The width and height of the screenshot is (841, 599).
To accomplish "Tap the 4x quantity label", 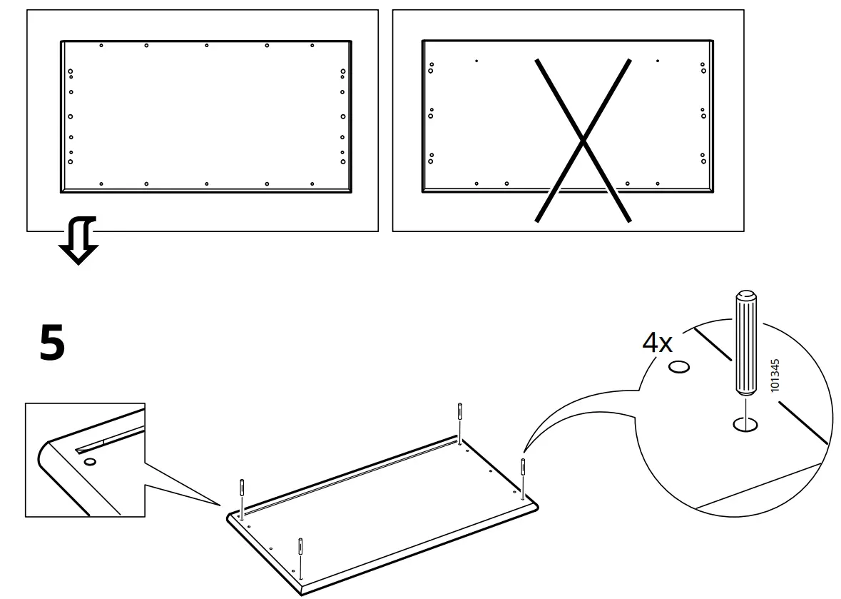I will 657,343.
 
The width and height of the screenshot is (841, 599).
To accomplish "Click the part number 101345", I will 775,374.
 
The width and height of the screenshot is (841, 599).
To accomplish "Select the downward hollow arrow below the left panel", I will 78,243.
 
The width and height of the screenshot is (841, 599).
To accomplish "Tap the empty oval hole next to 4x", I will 679,368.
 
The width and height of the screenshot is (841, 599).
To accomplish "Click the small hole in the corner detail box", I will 90,462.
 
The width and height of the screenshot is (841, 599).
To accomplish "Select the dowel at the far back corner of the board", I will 460,419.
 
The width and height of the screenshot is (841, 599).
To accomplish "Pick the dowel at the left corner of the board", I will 243,495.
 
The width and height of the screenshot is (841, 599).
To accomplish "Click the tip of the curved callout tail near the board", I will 524,450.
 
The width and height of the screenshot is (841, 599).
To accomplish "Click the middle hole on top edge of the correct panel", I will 207,46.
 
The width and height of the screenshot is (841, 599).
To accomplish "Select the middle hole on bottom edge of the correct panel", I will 207,184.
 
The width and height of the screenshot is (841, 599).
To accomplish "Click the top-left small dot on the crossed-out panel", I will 476,61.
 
